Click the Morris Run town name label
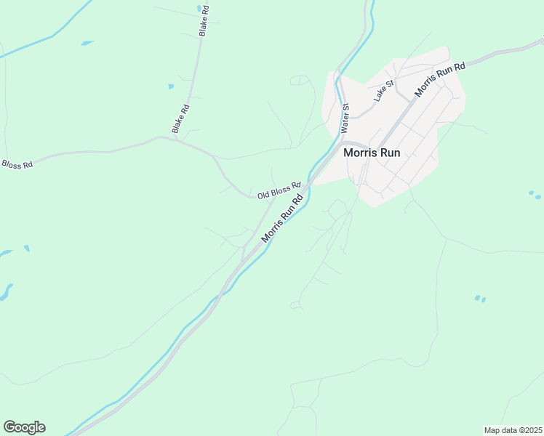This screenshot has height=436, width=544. tap(371, 153)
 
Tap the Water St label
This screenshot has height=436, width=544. tap(345, 117)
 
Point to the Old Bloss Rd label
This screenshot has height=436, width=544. tap(279, 190)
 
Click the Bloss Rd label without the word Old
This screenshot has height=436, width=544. tap(17, 165)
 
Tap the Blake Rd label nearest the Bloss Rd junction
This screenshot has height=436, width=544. tap(180, 118)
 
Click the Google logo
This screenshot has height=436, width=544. tap(24, 427)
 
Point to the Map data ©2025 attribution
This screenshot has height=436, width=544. tap(513, 430)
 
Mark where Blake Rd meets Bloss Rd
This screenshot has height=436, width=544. tap(161, 137)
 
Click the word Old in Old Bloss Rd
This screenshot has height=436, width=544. tap(264, 195)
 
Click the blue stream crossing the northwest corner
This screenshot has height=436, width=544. tap(44, 38)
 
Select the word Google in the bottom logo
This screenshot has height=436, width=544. tap(24, 427)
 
